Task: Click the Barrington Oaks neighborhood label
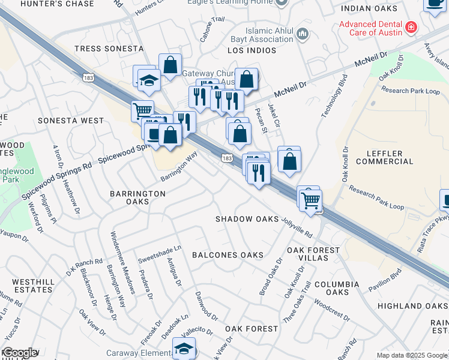point(137,197)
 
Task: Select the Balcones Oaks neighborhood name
point(228,255)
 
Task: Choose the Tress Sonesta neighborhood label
point(109,48)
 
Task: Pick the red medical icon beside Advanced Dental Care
point(411,27)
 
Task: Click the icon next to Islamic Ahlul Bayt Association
point(303,32)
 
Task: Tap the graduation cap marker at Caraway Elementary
point(184,348)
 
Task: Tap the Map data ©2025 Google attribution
point(412,355)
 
